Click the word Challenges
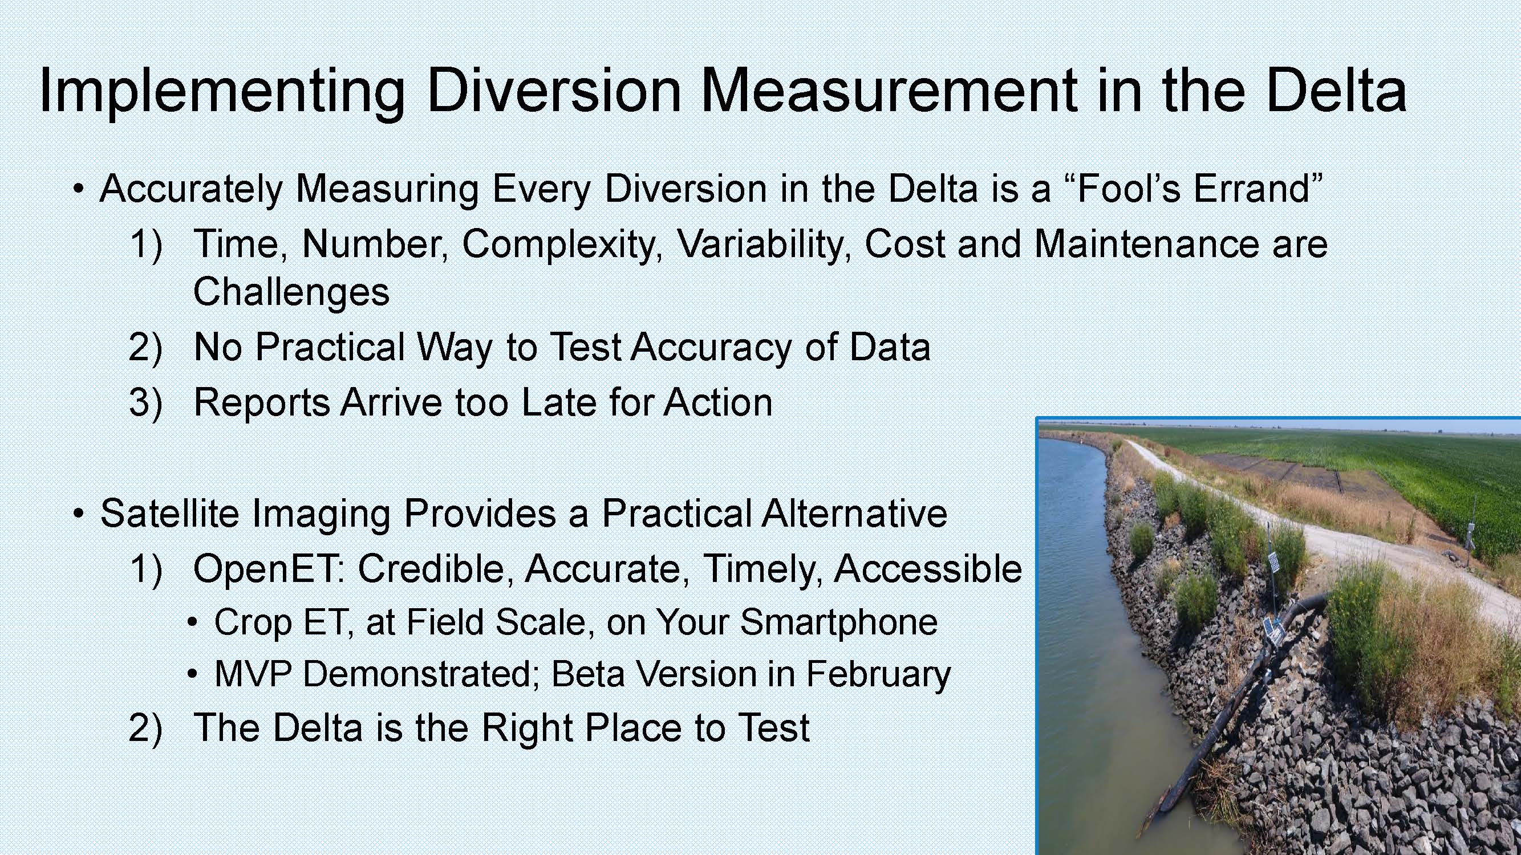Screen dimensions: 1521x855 (291, 291)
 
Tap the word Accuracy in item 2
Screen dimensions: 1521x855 (712, 348)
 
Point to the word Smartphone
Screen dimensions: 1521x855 (838, 622)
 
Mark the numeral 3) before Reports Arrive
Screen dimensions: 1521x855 (145, 404)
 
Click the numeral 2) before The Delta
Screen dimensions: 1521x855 (145, 728)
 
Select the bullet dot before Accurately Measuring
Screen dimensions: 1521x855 (78, 190)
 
